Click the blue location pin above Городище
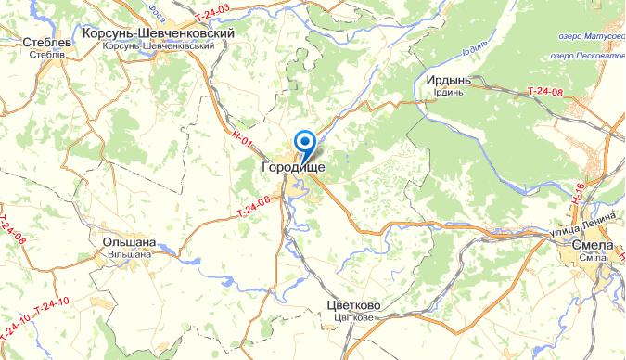[x=303, y=143]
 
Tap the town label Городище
[x=294, y=167]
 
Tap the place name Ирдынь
[x=449, y=80]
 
